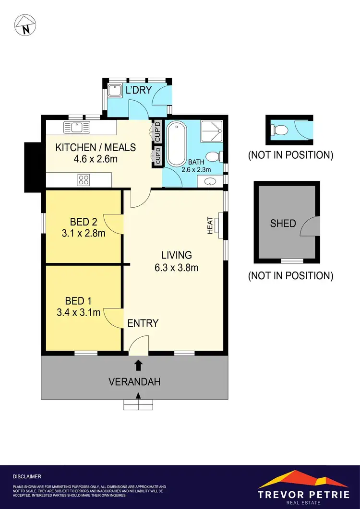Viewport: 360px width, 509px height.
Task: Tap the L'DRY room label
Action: click(x=139, y=90)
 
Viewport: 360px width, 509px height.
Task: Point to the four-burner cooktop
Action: click(x=84, y=180)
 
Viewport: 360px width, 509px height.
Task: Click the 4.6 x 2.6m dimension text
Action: click(x=96, y=159)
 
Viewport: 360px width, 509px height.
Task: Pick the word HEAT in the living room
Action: click(x=210, y=226)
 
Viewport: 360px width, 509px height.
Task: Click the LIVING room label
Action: click(x=176, y=255)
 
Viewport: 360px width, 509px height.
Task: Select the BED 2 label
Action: click(x=84, y=222)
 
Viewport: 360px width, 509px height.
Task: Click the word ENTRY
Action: click(x=143, y=323)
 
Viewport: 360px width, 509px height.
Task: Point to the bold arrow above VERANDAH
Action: click(x=139, y=365)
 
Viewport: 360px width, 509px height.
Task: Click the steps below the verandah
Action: click(x=139, y=405)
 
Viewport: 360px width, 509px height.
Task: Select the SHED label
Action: click(x=283, y=223)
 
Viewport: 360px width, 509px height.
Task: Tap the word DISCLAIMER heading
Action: click(x=27, y=476)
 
